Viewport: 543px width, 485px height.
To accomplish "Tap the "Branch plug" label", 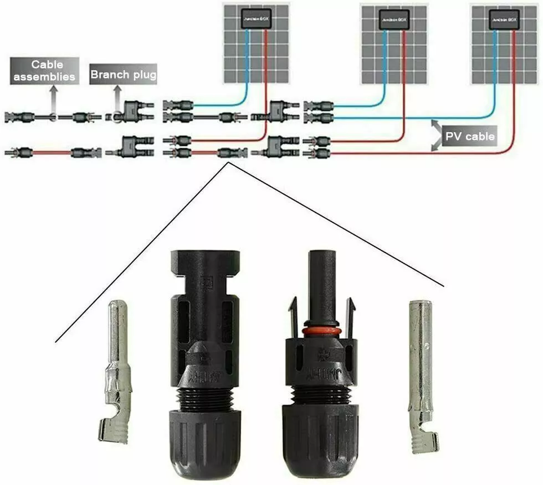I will point(123,75).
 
